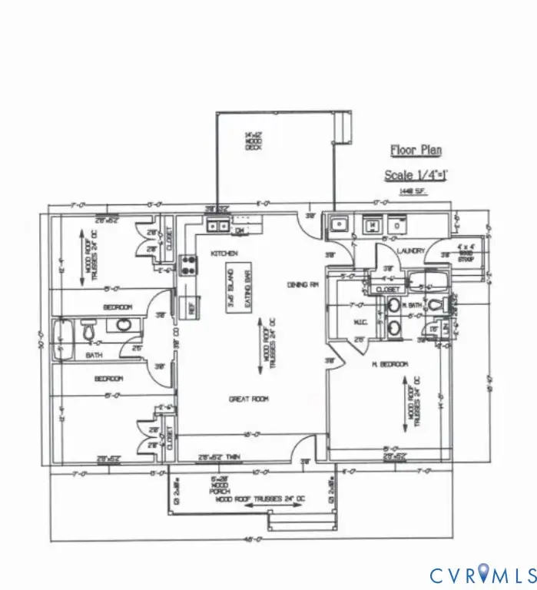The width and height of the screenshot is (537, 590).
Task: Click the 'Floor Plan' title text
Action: [x=416, y=151]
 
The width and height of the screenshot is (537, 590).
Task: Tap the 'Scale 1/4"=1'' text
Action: [x=416, y=175]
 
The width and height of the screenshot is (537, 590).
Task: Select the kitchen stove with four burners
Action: [x=188, y=265]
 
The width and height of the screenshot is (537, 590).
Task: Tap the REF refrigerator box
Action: [x=184, y=306]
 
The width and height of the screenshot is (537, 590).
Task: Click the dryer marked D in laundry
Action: [x=396, y=225]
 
